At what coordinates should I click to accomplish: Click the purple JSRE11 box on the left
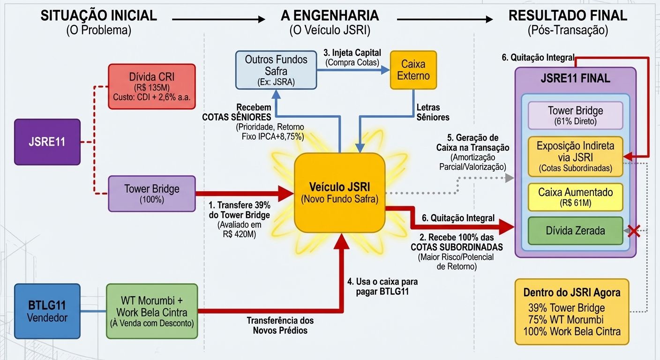47,142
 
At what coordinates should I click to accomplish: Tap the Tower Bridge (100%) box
151,194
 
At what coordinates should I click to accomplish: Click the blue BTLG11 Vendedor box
47,311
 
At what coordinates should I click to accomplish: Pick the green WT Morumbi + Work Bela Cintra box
152,311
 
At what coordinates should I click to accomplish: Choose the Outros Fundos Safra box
276,70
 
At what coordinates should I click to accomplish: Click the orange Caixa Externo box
413,70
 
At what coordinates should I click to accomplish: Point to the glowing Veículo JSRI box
339,192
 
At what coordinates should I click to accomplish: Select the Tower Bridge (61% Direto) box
575,115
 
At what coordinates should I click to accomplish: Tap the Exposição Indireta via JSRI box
575,157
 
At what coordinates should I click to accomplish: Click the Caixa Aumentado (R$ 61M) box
575,197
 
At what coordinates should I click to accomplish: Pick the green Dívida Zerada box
575,231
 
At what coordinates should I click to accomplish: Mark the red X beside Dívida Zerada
634,231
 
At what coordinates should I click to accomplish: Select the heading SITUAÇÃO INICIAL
98,15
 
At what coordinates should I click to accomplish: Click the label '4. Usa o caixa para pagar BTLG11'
382,287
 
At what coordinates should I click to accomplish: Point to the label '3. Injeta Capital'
354,52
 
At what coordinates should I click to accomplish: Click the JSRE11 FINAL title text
575,78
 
